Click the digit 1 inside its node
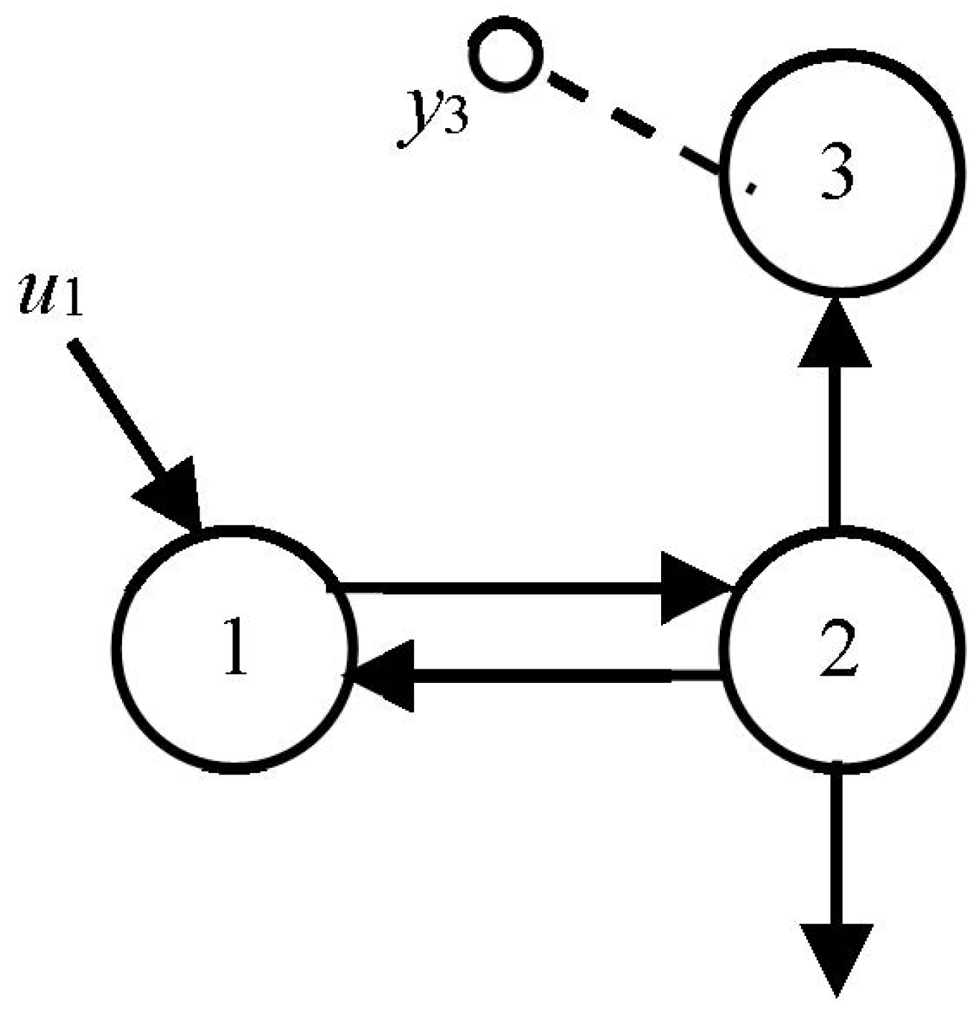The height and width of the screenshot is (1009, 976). coord(235,647)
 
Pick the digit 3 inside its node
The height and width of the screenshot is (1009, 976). coord(836,177)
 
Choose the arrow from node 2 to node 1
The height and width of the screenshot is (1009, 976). coord(558,675)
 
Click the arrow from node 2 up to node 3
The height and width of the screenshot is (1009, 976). coord(835,447)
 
